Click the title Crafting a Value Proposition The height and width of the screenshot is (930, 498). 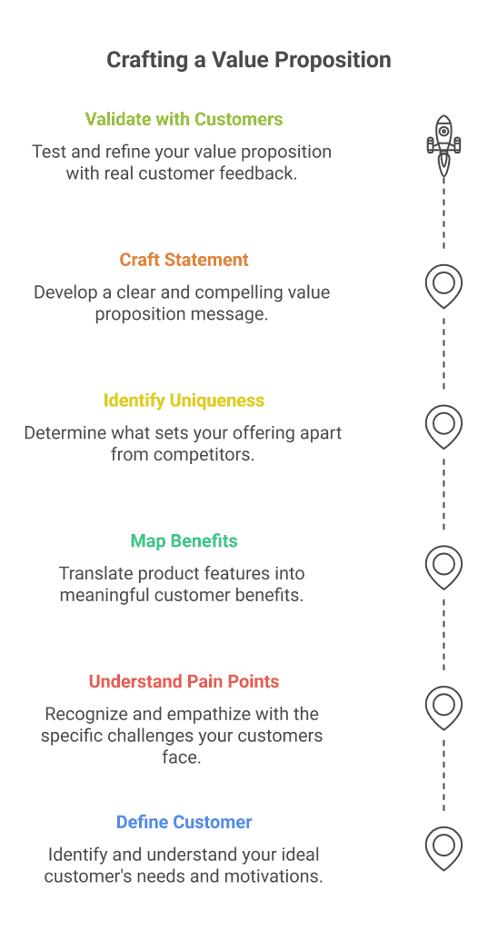(x=249, y=60)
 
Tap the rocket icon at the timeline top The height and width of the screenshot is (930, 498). (x=443, y=144)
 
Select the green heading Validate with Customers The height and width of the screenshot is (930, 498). (x=184, y=119)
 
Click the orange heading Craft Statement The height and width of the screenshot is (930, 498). (x=184, y=260)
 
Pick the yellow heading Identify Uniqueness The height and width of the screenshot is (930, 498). (x=184, y=401)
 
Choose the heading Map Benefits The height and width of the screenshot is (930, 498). (x=184, y=541)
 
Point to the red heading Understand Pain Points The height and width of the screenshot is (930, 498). (x=184, y=681)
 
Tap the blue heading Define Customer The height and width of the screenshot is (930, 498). (x=184, y=822)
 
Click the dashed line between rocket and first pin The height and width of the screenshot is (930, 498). (x=443, y=213)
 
